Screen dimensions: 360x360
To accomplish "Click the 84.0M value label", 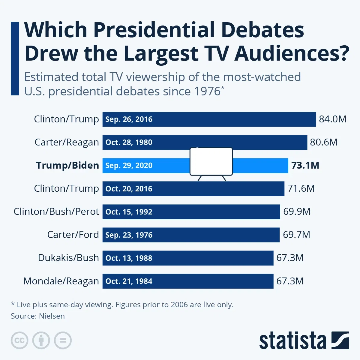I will (x=332, y=119).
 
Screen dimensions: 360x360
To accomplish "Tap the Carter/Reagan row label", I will (x=67, y=142).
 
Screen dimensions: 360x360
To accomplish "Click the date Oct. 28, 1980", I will (x=129, y=142).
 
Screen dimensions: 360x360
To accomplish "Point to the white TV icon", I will (x=211, y=162).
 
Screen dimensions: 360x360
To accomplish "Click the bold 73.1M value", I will (x=305, y=165).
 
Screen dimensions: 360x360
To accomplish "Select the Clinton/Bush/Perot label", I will (x=56, y=211).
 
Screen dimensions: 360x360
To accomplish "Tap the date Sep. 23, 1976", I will (x=129, y=235).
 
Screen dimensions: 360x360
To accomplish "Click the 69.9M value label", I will (x=297, y=211).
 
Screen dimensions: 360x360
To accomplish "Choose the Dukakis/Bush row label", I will (x=68, y=258).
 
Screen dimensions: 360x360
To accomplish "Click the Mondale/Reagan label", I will (x=61, y=281).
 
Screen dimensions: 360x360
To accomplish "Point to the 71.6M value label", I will (x=301, y=188).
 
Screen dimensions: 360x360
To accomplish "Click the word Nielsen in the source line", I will (x=52, y=316).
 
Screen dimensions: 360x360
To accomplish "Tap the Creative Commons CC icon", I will (x=19, y=340).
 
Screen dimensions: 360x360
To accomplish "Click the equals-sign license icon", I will (x=63, y=340).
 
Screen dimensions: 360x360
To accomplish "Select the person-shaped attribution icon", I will (x=41, y=340).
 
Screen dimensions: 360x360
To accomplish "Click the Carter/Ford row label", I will (x=73, y=235).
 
